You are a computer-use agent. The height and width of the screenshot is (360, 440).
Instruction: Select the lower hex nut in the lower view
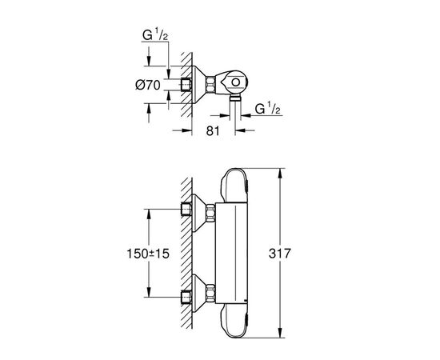click(211, 292)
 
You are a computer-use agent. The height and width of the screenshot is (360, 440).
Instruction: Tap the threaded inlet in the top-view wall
click(189, 84)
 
